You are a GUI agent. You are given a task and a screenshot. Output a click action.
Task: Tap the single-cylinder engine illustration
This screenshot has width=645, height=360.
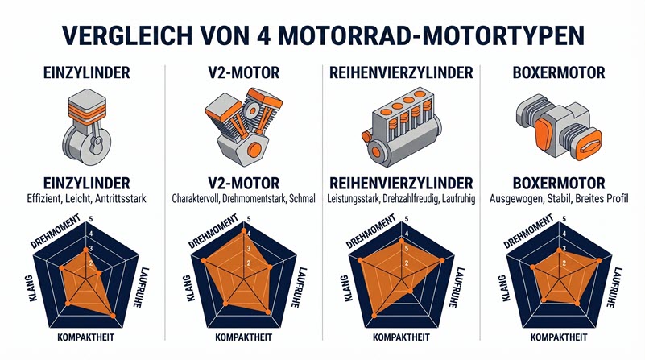tap(84, 123)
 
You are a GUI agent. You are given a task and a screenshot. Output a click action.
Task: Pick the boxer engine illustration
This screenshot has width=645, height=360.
tap(559, 123)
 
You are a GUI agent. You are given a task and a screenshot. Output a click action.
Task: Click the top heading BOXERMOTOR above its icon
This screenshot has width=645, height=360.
tap(559, 74)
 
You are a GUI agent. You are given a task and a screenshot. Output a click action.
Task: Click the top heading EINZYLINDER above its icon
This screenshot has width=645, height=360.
tap(84, 74)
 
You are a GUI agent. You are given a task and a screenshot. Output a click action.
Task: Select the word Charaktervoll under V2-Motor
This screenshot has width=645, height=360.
tap(199, 197)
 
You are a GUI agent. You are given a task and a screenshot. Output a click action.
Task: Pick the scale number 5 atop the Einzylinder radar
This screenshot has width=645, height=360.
tap(91, 219)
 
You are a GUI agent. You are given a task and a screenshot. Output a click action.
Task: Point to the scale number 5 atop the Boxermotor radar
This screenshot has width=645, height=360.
tap(566, 219)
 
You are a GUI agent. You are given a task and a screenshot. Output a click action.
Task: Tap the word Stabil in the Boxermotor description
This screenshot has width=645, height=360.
tap(560, 197)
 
